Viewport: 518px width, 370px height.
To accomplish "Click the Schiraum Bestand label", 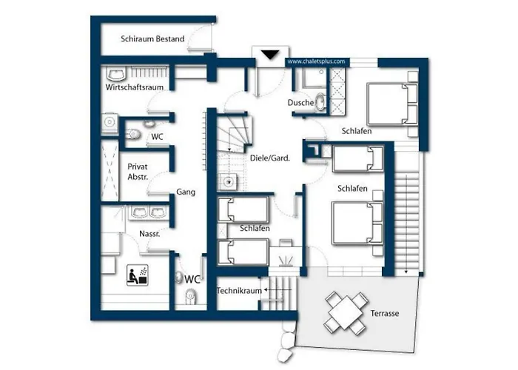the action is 152,39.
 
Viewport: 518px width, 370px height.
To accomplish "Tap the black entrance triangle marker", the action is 270,55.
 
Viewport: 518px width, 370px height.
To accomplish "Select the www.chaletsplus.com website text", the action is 316,61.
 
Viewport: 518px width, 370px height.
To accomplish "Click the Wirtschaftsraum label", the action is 135,87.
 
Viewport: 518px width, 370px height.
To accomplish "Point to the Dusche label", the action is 300,102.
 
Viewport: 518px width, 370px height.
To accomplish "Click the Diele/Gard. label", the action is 270,158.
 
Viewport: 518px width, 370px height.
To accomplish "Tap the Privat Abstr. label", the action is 138,172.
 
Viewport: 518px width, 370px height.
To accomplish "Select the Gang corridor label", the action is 186,192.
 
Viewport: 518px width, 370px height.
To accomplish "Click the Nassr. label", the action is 149,234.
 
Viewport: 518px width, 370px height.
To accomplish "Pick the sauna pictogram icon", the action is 138,275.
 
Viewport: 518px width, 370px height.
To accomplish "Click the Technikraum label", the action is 239,291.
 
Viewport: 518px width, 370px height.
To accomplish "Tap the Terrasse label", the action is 385,313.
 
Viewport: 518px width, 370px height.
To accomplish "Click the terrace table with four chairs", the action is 346,312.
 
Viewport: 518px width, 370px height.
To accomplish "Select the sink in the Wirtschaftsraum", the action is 116,74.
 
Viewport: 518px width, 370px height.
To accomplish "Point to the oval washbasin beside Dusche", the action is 320,101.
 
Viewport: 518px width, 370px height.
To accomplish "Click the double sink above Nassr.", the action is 149,212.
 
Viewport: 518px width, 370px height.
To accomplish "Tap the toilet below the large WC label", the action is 190,296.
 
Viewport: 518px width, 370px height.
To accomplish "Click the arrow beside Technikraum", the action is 277,290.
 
